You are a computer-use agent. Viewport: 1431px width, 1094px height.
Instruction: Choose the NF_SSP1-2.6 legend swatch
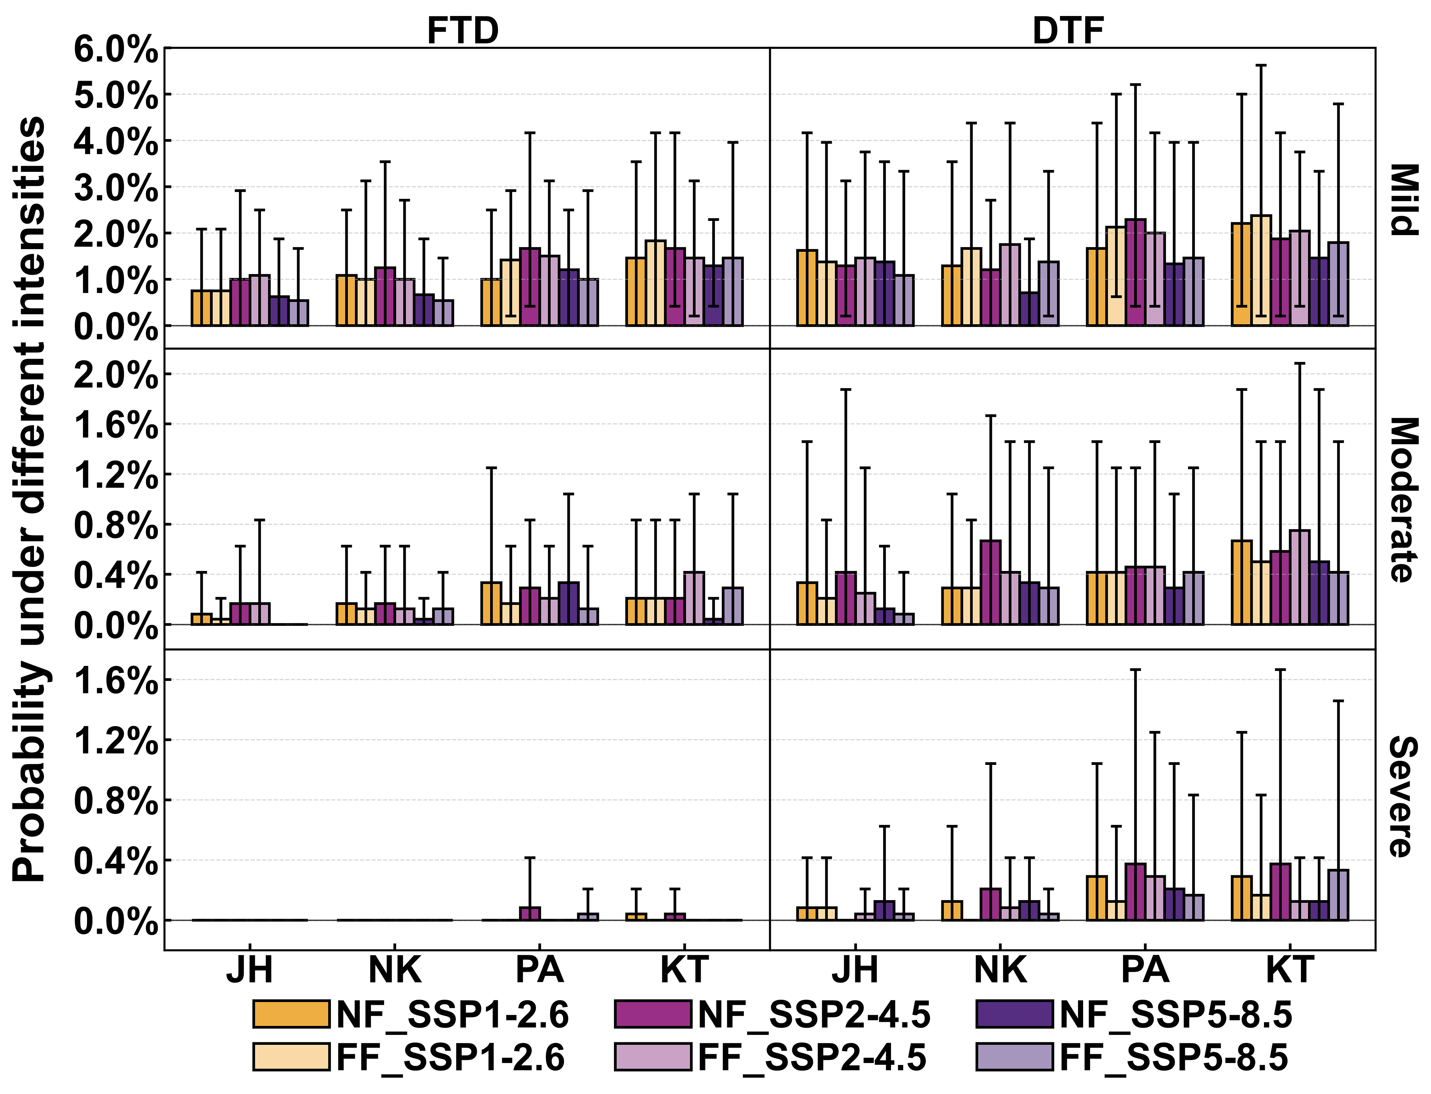pyautogui.click(x=291, y=1015)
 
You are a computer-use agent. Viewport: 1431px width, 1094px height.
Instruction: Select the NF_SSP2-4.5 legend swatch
pyautogui.click(x=653, y=1015)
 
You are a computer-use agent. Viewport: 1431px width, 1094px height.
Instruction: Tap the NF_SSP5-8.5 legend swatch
pyautogui.click(x=1014, y=1015)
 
